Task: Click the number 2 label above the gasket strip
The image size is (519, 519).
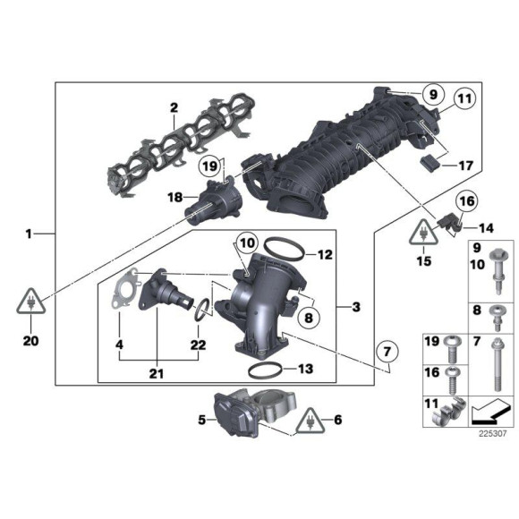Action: [x=174, y=109]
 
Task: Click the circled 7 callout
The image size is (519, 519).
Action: [x=387, y=354]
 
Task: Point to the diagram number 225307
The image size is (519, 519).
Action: [x=489, y=434]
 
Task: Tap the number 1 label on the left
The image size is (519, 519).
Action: [x=30, y=234]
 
